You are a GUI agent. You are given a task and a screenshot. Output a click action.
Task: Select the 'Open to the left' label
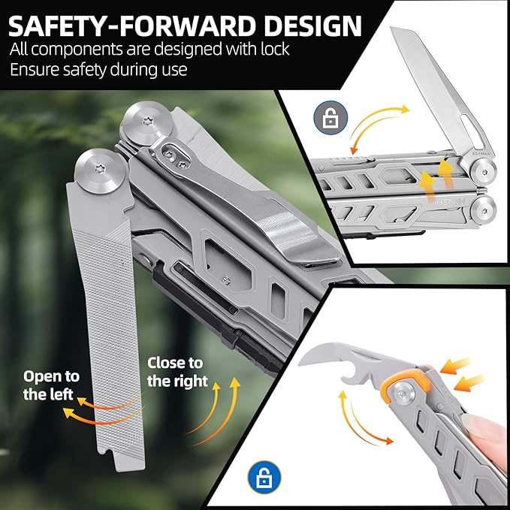(51, 385)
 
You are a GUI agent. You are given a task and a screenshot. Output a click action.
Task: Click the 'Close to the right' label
(177, 372)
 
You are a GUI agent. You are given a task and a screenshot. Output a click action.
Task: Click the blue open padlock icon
(264, 476)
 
